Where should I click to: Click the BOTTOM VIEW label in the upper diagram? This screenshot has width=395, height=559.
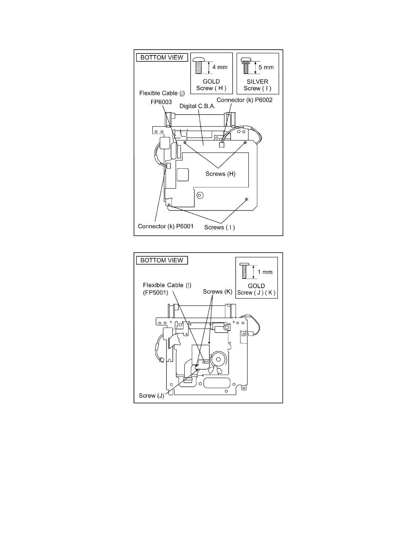point(162,57)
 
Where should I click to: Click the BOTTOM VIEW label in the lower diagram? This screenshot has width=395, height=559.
point(162,260)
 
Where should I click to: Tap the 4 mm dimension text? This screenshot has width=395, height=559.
point(220,67)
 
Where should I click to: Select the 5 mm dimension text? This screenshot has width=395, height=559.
point(266,67)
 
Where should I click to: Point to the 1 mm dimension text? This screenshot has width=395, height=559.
point(265,272)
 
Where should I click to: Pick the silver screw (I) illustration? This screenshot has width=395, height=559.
point(246,65)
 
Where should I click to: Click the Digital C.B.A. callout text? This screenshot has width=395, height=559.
point(197,106)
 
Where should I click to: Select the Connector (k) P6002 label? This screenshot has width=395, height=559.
point(244,100)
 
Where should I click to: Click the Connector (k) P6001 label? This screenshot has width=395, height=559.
point(165,226)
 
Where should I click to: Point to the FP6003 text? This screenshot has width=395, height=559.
point(161,102)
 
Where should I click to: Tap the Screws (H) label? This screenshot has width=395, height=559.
point(220,174)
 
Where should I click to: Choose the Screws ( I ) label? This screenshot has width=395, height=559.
point(219,227)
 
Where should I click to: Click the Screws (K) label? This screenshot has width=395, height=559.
point(217,291)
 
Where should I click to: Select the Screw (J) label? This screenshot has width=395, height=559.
point(151,395)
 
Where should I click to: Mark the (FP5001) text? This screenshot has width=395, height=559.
point(156,292)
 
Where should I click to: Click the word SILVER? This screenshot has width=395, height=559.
point(257,81)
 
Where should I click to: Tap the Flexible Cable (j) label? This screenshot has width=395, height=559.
point(162,93)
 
